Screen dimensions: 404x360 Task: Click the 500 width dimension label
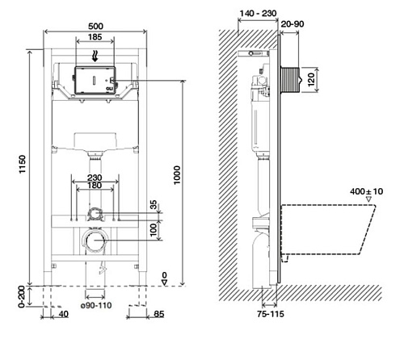[x=95, y=26]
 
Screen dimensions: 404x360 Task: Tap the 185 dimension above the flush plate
[x=95, y=37]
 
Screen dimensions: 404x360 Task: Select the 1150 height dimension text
[x=22, y=164]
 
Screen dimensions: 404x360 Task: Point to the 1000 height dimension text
[x=177, y=175]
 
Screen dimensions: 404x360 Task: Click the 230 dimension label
[x=95, y=178]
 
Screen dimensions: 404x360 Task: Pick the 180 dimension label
[x=95, y=186]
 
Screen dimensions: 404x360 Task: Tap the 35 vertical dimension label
[x=154, y=205]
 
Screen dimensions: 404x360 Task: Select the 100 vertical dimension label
[x=154, y=230]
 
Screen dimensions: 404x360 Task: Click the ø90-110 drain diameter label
[x=96, y=305]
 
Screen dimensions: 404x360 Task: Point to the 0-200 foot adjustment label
[x=22, y=296]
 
